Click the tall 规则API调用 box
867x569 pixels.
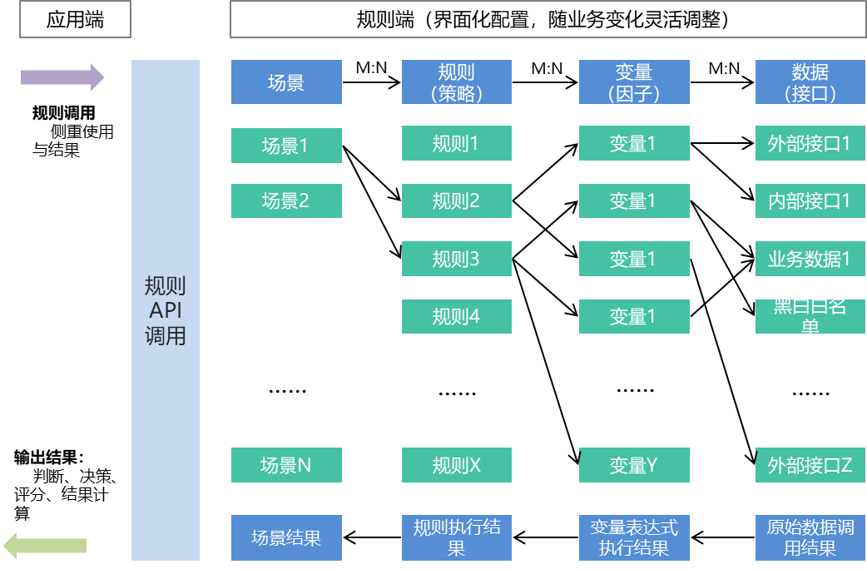(165, 310)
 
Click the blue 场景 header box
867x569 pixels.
(286, 82)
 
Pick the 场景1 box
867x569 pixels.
(286, 146)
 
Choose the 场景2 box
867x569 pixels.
(286, 200)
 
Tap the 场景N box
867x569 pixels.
(286, 465)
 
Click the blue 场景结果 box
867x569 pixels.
(286, 537)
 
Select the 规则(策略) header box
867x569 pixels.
(456, 82)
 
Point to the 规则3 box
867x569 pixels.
(456, 259)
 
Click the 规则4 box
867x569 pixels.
(456, 316)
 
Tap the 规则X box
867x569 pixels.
(456, 465)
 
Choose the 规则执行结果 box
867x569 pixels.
(456, 537)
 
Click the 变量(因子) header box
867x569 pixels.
(634, 82)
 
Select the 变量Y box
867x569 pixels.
(634, 465)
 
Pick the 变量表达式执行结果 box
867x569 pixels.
(634, 537)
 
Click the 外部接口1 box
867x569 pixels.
(810, 143)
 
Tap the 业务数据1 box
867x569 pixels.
(810, 259)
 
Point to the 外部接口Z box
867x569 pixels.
(810, 465)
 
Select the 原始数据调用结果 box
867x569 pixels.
(810, 537)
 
